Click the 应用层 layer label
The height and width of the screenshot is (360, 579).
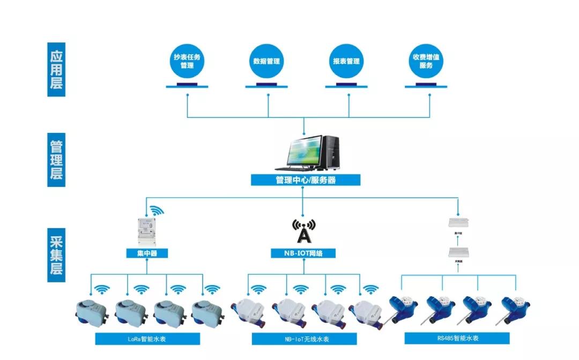[x=56, y=70]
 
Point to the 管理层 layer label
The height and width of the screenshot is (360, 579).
[x=56, y=160]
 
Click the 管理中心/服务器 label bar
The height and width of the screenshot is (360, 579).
[x=306, y=181]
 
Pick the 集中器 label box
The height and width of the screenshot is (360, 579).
[x=147, y=253]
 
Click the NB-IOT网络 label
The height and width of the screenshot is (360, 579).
[x=303, y=253]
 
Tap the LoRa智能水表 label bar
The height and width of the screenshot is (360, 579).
[x=147, y=339]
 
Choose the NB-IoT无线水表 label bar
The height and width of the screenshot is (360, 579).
[x=304, y=339]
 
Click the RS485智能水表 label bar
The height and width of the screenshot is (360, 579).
[x=457, y=338]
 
